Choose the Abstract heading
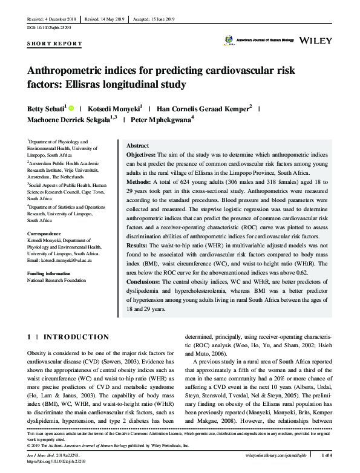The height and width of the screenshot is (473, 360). click(137, 146)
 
